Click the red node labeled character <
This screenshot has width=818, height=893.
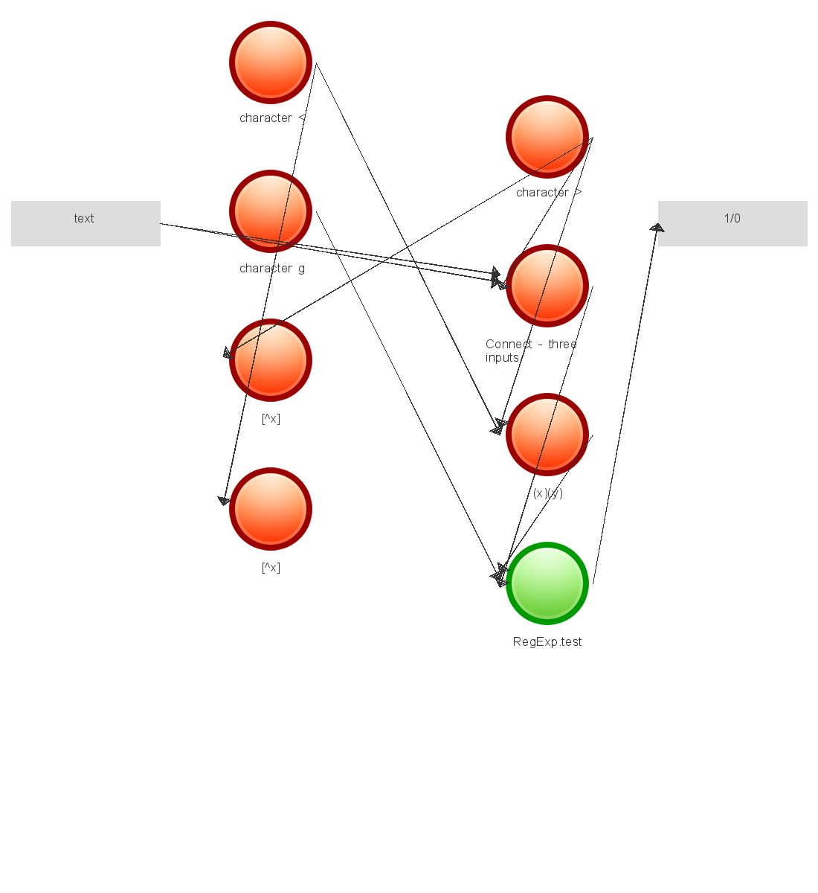[271, 63]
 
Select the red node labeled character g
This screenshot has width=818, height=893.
[271, 211]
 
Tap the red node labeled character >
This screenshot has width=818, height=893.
[547, 137]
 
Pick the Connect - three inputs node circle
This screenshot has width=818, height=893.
[547, 286]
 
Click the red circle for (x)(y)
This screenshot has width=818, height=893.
[547, 435]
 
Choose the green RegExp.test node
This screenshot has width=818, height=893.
[547, 583]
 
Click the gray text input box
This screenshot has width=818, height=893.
[86, 223]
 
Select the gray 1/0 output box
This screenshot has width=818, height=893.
[732, 223]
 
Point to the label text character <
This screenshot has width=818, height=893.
[272, 118]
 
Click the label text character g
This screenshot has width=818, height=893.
[272, 269]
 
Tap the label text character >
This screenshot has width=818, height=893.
[549, 193]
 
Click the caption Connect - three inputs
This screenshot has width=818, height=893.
[530, 351]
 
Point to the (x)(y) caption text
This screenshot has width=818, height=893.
[547, 493]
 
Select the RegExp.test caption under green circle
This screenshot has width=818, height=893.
[547, 642]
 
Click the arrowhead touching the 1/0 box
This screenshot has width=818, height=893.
[657, 228]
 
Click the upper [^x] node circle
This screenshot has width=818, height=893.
[271, 360]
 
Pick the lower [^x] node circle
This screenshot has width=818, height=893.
[271, 509]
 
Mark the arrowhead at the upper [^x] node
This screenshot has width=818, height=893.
[229, 353]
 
